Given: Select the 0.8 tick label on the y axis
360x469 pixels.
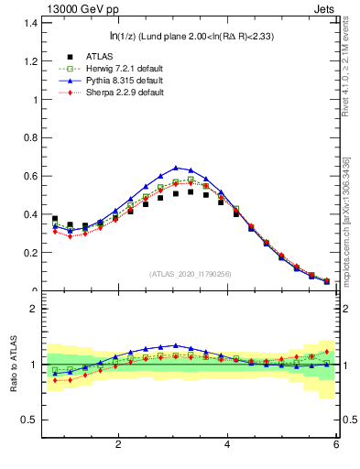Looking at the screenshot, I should point(29,136).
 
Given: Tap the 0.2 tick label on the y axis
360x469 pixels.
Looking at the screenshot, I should point(29,253).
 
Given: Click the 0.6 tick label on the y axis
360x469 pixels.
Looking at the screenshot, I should point(29,176).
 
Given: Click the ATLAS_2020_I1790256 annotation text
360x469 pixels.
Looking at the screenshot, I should point(191,274).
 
